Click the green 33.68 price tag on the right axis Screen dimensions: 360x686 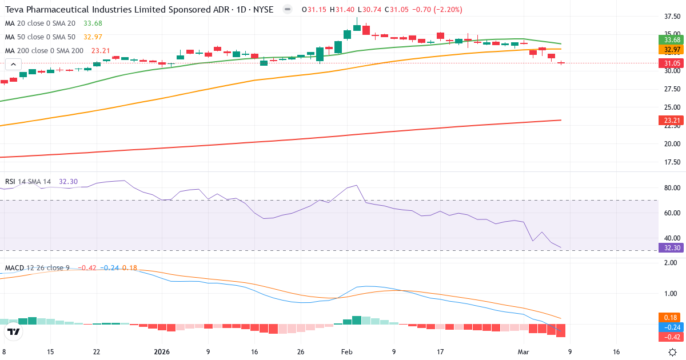pos(672,40)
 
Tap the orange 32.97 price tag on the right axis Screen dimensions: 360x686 pos(672,50)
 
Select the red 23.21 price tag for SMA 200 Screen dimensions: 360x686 pos(672,121)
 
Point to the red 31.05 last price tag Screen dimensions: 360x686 pos(672,63)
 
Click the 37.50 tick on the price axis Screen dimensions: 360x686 pos(672,17)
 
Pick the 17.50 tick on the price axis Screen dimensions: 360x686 pos(672,162)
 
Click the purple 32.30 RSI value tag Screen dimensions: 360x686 pos(672,248)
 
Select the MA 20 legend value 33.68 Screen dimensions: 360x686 pos(93,23)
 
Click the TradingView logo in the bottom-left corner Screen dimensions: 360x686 pos(14,331)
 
